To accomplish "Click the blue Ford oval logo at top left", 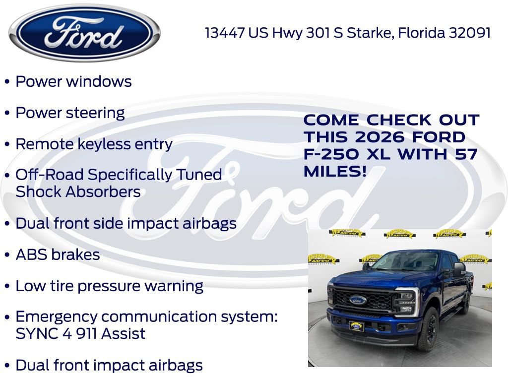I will point(85,33).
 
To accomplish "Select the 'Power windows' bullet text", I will point(73,81).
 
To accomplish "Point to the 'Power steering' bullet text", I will point(70,113).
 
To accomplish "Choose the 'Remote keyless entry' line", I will point(94,144).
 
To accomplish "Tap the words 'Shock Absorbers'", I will point(78,191).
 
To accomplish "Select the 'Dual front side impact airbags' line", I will point(126,223).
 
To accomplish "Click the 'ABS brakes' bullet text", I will point(58,254).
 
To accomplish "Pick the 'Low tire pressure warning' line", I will point(109,286).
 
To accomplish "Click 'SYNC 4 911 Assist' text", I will point(80,333).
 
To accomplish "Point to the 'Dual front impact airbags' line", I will point(109,365).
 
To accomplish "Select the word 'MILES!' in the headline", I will point(335,172).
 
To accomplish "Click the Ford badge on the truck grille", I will point(358,300).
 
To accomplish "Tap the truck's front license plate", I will point(356,326).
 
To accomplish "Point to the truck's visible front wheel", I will point(430,329).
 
